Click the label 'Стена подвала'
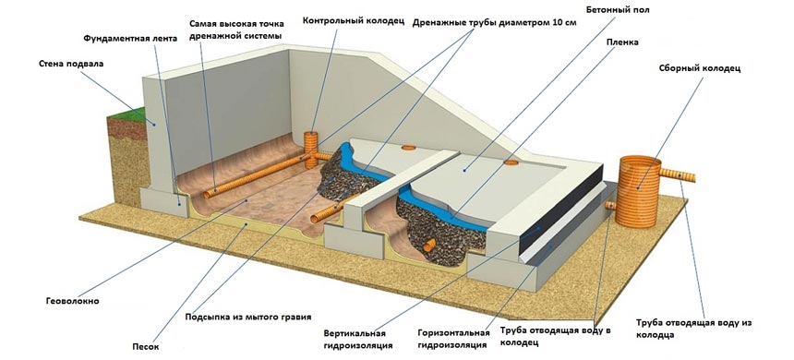click(71, 65)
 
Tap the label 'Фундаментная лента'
click(130, 39)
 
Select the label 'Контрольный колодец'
click(354, 20)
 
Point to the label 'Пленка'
click(622, 42)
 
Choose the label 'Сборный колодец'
click(700, 68)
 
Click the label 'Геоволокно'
click(73, 301)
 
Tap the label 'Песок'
click(146, 347)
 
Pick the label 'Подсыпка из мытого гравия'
click(248, 317)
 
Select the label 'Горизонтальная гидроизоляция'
click(453, 339)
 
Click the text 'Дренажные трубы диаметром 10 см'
click(494, 23)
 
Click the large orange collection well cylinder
click(639, 192)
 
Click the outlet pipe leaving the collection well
click(678, 175)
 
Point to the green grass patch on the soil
click(124, 115)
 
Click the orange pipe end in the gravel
click(429, 246)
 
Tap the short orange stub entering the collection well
click(610, 205)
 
